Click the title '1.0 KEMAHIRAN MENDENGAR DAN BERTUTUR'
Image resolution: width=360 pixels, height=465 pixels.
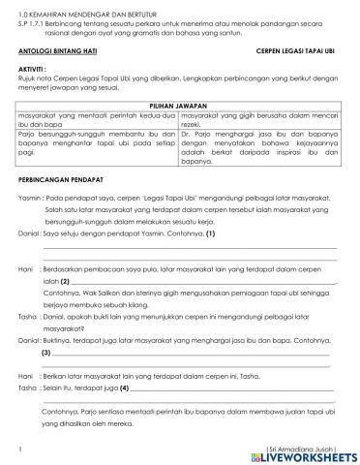click(79, 5)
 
